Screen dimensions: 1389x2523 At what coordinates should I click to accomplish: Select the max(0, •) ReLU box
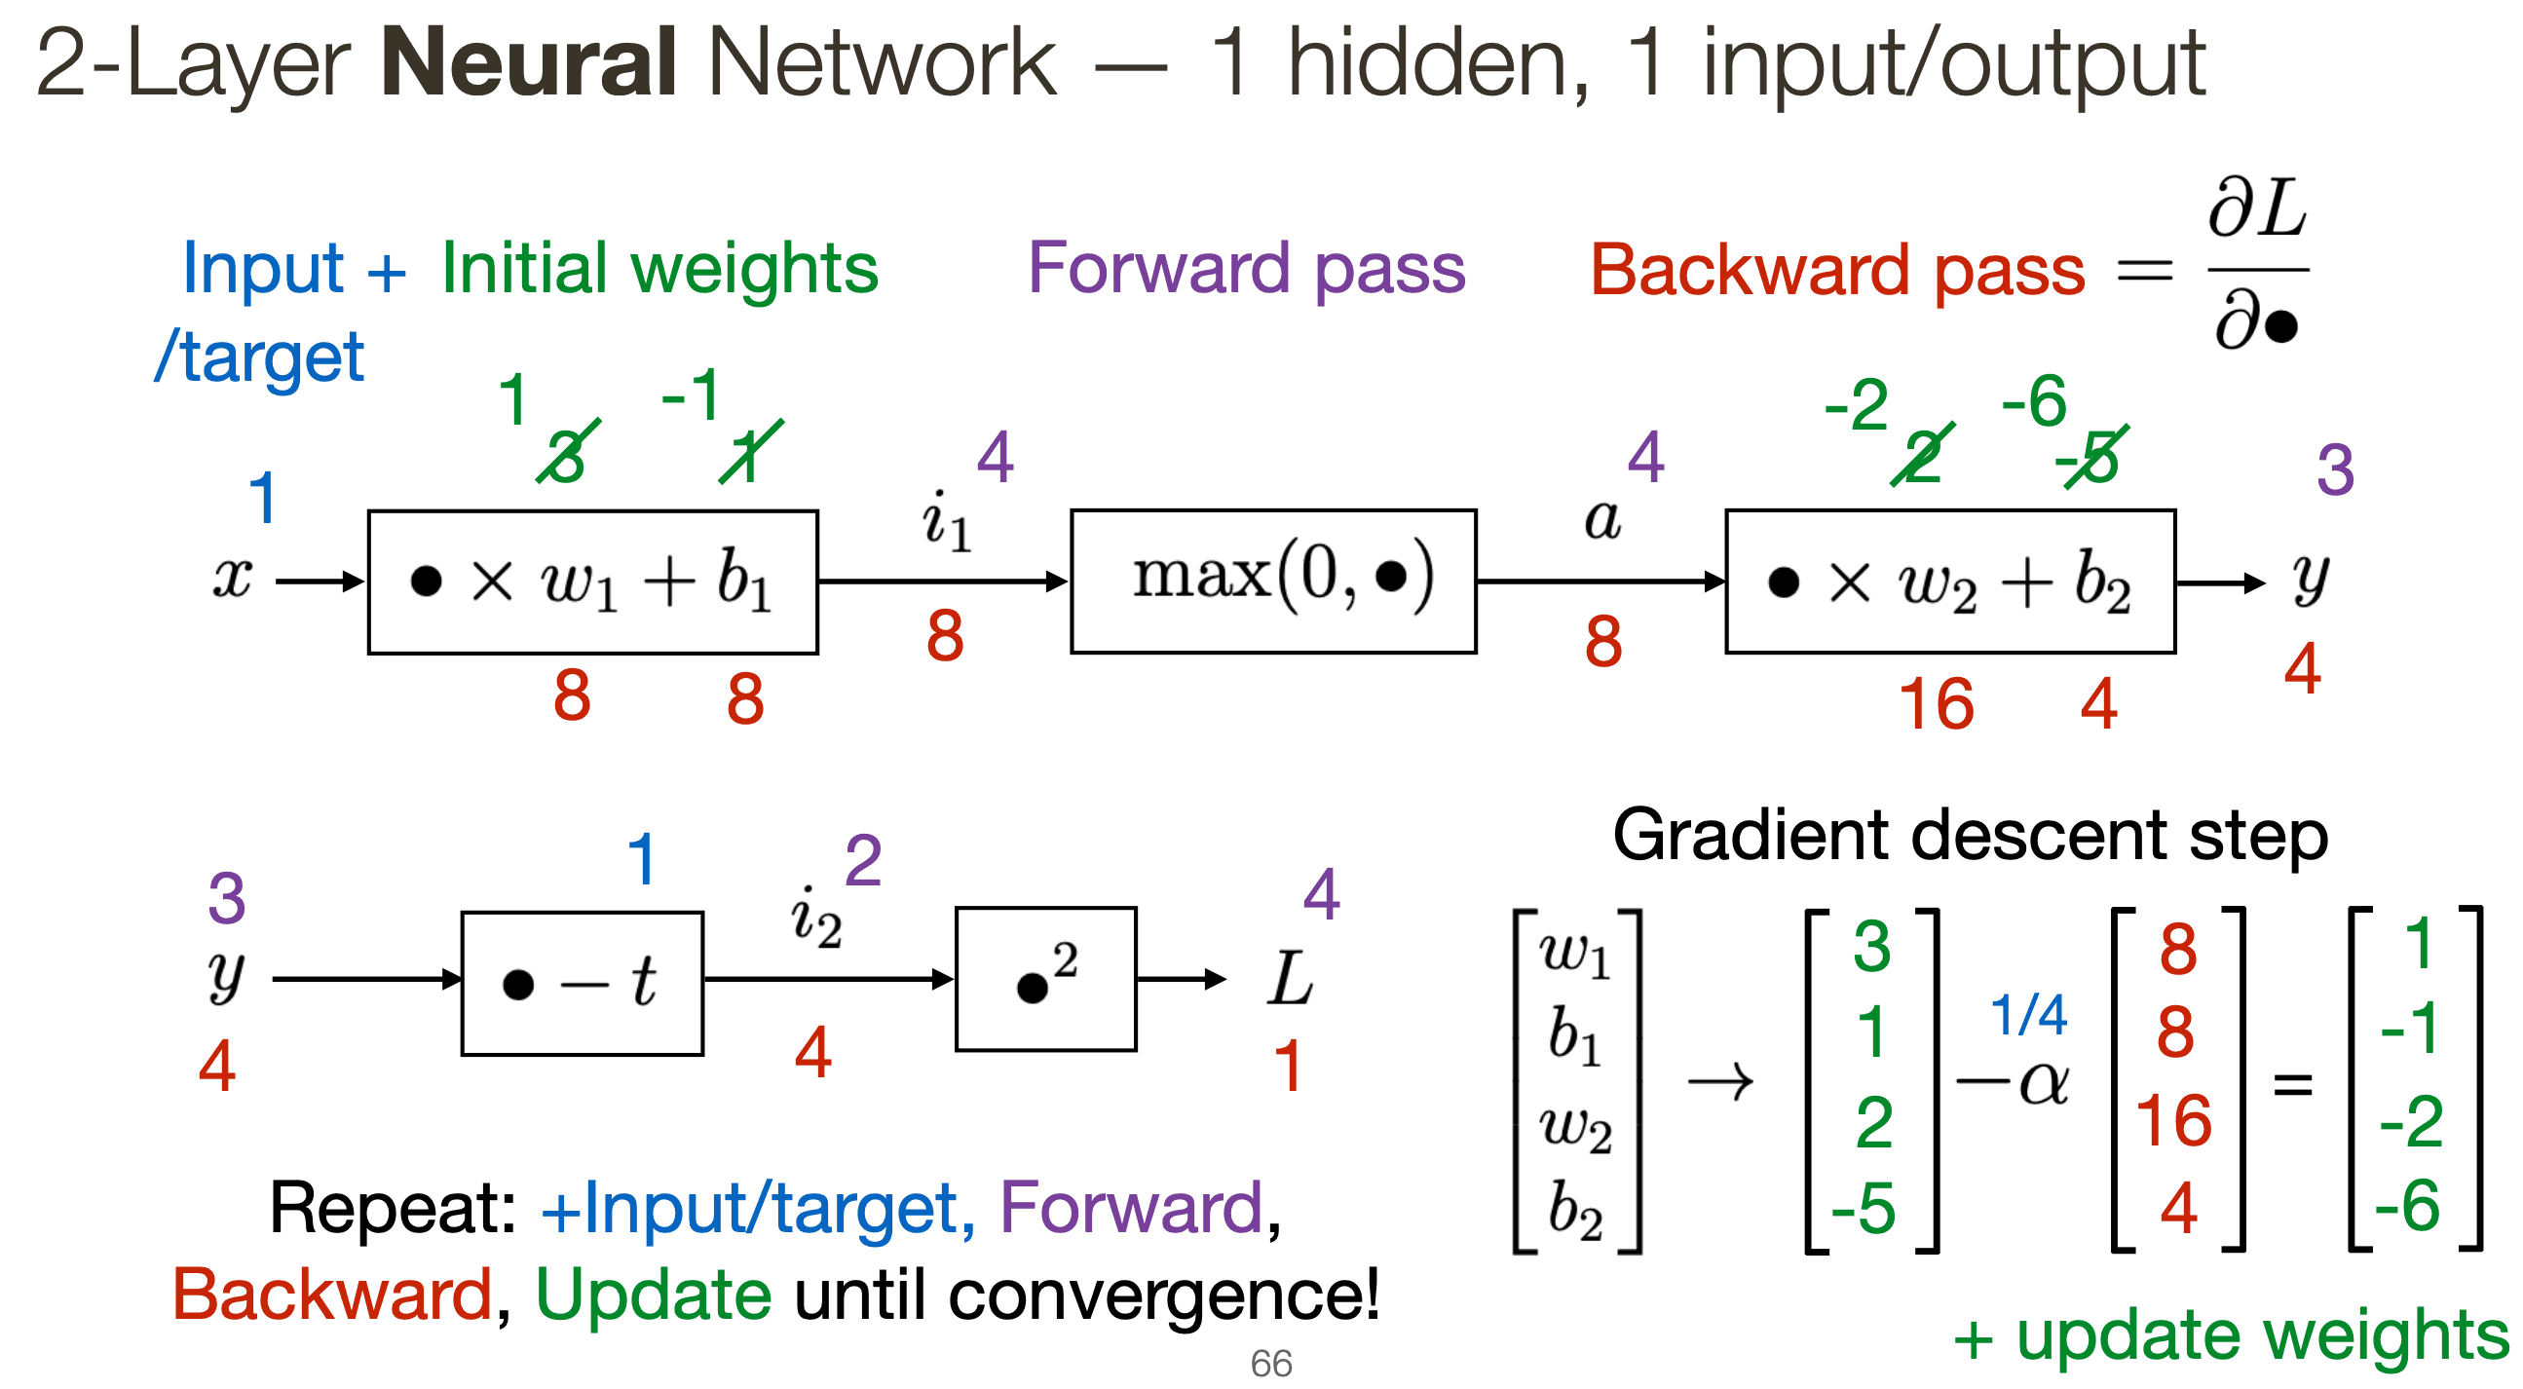(1273, 581)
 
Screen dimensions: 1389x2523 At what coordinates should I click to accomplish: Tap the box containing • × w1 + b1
(592, 581)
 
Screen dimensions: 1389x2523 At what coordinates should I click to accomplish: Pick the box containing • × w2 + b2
(1949, 581)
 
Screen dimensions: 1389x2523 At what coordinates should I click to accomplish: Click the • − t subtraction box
(582, 983)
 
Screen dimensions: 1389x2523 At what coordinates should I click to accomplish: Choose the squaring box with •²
(1045, 979)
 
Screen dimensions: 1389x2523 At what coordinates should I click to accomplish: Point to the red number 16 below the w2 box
(1936, 704)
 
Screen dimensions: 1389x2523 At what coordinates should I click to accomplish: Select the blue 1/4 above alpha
(2028, 1015)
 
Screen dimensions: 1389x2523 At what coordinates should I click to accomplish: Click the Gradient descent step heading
(1970, 836)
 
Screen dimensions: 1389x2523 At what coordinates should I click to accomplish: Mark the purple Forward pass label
(1246, 268)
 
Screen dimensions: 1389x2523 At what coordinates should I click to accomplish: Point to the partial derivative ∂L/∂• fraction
(2257, 265)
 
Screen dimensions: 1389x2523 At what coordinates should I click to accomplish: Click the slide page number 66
(1270, 1364)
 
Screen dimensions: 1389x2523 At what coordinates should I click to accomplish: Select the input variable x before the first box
(233, 578)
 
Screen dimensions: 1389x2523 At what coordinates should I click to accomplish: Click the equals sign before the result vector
(2293, 1084)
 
